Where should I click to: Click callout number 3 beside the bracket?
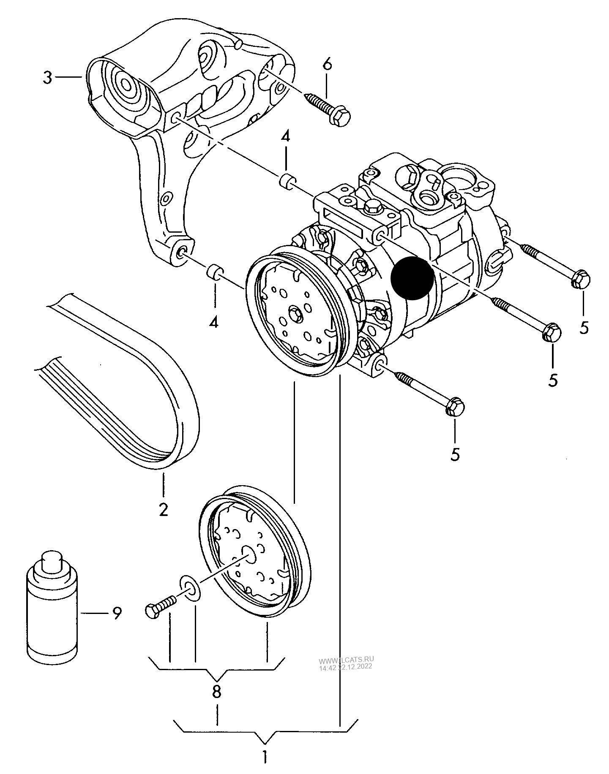48,78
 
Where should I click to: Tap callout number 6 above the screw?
328,65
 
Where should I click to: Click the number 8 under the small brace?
216,691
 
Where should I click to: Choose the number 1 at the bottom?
264,757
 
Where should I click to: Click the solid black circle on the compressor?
412,278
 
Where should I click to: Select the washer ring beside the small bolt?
190,587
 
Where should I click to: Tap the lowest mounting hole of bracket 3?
180,253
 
